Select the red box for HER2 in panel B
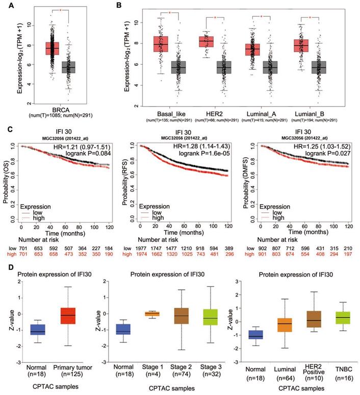click(207, 42)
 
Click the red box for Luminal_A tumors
click(252, 50)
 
